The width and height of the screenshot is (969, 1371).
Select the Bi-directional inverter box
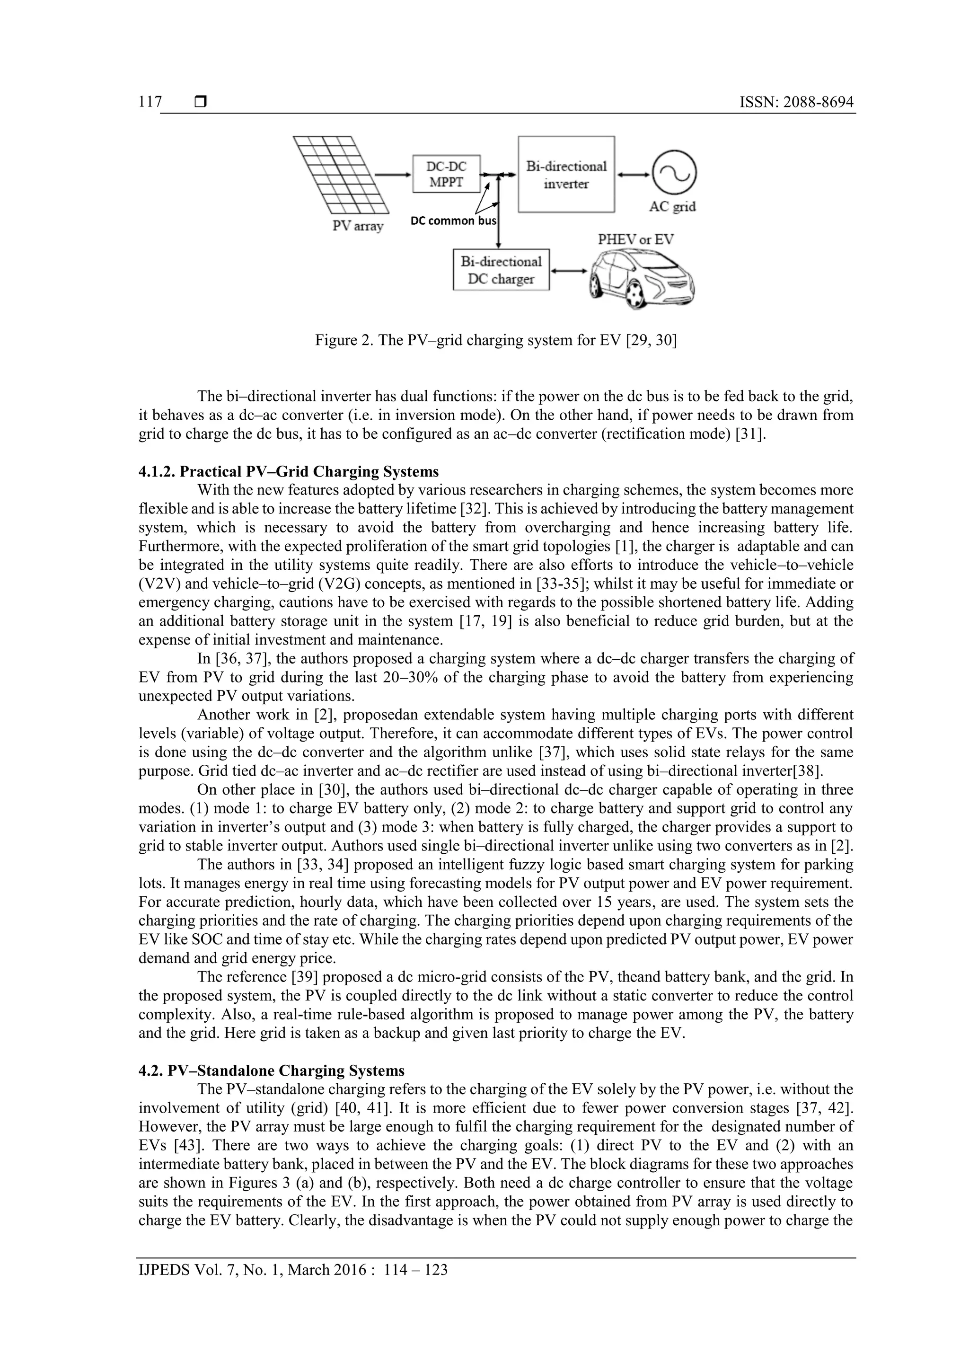coord(566,174)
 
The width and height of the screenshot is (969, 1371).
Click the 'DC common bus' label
coord(454,221)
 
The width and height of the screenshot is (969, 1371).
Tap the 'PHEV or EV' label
coord(636,240)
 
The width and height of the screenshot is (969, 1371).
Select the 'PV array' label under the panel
coord(358,226)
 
